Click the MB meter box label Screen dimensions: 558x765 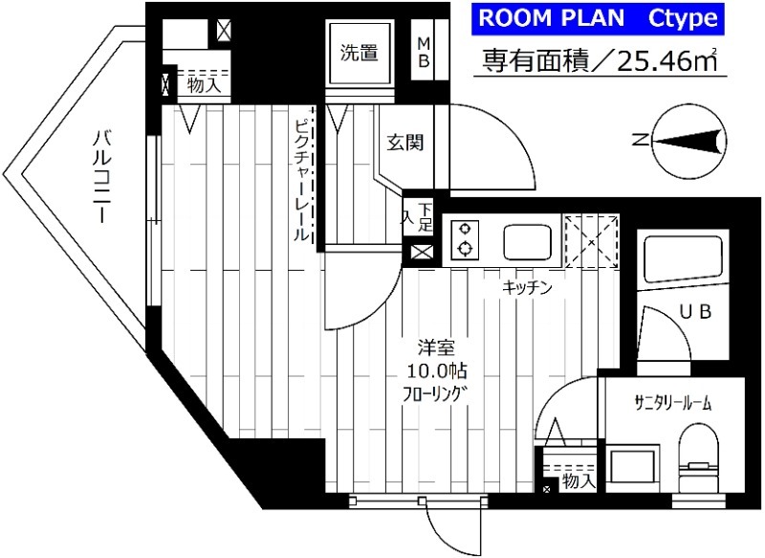point(425,53)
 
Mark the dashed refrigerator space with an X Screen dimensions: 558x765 point(591,241)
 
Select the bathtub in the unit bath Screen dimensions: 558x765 point(680,257)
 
